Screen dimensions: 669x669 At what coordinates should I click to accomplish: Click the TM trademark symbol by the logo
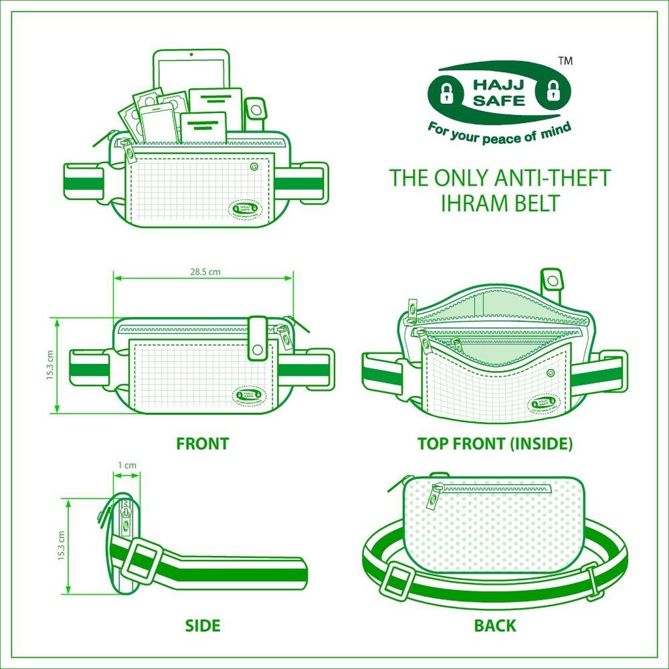pos(566,61)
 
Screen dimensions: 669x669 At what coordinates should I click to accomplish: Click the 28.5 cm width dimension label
pos(204,272)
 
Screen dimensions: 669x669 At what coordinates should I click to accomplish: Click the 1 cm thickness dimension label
pos(127,465)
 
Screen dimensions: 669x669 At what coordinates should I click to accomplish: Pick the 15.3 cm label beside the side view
pos(61,546)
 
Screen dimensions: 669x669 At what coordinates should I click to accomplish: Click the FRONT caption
pos(203,444)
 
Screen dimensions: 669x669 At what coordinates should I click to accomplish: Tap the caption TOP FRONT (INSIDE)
pos(495,444)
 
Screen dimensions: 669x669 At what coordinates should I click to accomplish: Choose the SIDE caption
pos(203,625)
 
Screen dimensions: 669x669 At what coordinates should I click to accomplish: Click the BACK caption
pos(495,625)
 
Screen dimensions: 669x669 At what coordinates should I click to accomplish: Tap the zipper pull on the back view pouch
pos(434,497)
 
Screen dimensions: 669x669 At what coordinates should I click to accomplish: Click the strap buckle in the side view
pos(141,561)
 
